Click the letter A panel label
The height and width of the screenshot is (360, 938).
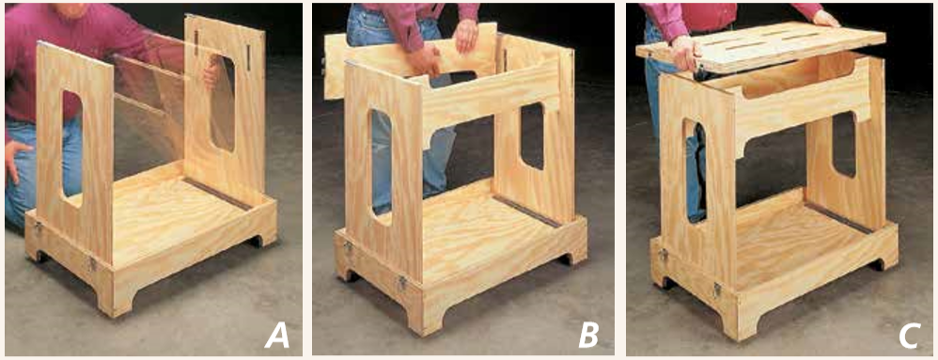(x=276, y=337)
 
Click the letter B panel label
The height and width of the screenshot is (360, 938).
(x=588, y=337)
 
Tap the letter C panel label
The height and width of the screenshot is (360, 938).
(x=908, y=337)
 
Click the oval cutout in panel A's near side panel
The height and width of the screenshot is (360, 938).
(x=71, y=149)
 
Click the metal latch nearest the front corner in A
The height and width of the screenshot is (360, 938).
(x=91, y=262)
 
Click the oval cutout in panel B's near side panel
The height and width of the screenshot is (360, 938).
(x=381, y=163)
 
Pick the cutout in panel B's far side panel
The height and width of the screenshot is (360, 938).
(x=532, y=135)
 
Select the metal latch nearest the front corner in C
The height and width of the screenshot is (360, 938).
(x=716, y=290)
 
